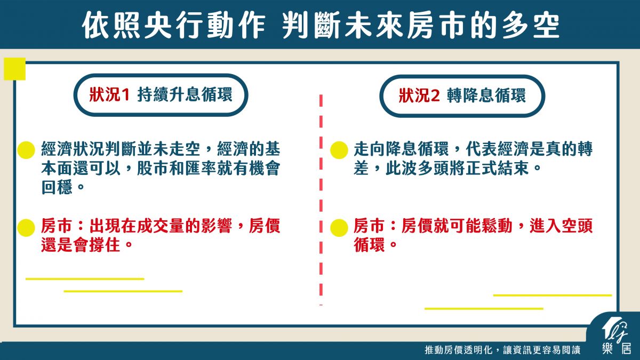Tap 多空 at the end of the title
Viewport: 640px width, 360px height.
(531, 25)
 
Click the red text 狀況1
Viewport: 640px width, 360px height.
(109, 94)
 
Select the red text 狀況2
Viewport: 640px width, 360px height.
(419, 95)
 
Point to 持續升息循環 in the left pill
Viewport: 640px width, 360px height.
(185, 94)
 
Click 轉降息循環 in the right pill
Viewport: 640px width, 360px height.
(486, 95)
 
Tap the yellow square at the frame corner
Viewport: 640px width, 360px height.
(14, 69)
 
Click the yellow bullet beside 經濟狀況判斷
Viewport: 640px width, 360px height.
(26, 150)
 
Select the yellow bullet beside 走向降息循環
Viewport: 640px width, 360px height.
(339, 150)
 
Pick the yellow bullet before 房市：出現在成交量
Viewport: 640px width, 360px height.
(26, 228)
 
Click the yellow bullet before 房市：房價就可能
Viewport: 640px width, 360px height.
(339, 228)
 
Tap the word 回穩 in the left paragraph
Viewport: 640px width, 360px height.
(57, 187)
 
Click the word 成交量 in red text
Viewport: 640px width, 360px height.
(161, 226)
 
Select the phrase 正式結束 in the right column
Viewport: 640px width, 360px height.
(498, 168)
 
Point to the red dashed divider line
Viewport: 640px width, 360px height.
(321, 200)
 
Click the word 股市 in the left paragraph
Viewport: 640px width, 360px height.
(153, 168)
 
